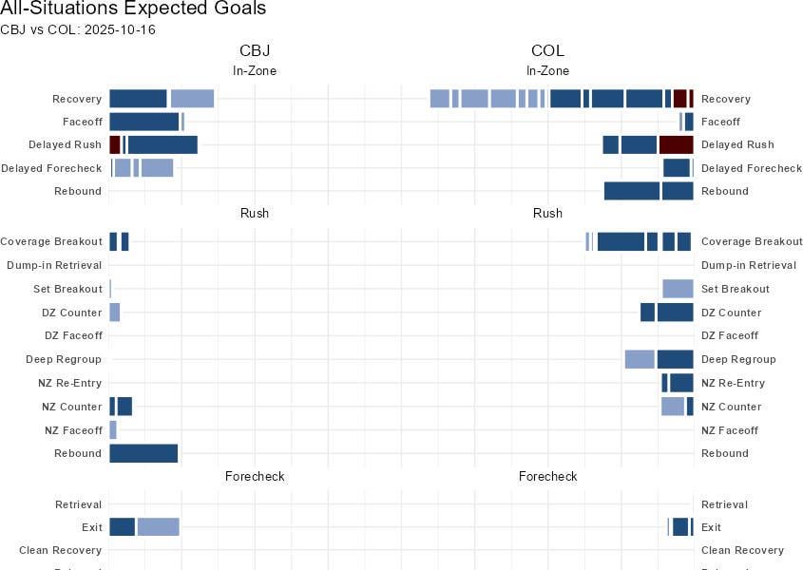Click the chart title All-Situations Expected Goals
pos(133,9)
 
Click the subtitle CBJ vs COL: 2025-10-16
pos(78,30)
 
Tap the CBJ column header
pos(255,51)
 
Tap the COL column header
pos(547,51)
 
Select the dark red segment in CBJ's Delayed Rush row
pos(115,145)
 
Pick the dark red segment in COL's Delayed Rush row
pos(676,145)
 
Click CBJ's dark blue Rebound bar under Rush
pos(143,454)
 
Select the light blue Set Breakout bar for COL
pos(678,289)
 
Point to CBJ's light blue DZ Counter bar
pos(115,313)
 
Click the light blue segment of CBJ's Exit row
pos(158,527)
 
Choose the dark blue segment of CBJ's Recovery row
pos(139,99)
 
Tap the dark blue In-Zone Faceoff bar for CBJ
pos(144,122)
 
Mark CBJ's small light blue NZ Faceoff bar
pos(113,430)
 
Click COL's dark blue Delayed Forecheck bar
pos(677,168)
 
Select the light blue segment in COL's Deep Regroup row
pos(640,359)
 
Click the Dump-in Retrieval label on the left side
pos(54,265)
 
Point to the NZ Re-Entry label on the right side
pos(733,383)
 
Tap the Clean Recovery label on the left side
pos(60,550)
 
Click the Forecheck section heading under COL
pos(547,476)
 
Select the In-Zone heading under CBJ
pos(255,71)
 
